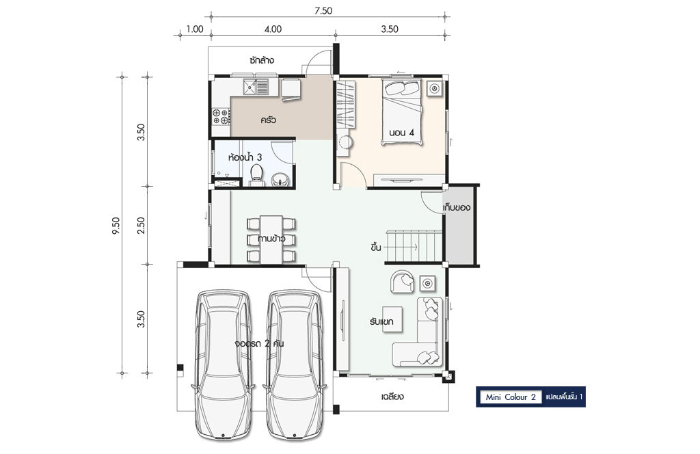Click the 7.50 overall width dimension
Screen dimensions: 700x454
pyautogui.click(x=323, y=11)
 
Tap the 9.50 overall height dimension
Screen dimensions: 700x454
pyautogui.click(x=116, y=226)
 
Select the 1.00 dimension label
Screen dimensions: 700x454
pyautogui.click(x=195, y=29)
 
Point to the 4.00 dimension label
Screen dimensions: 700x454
pyautogui.click(x=273, y=29)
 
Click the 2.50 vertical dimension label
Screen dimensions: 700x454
pyautogui.click(x=141, y=226)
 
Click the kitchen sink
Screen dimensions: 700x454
pyautogui.click(x=256, y=87)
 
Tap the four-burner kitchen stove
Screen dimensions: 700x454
pyautogui.click(x=221, y=116)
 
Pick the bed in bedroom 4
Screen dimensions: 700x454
pyautogui.click(x=402, y=112)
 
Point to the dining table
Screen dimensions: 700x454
pyautogui.click(x=271, y=240)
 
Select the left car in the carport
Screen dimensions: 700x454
pyautogui.click(x=224, y=365)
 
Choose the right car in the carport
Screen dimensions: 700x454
pyautogui.click(x=295, y=365)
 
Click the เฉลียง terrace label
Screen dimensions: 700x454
pyautogui.click(x=393, y=397)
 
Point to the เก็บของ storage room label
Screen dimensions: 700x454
pyautogui.click(x=457, y=208)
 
